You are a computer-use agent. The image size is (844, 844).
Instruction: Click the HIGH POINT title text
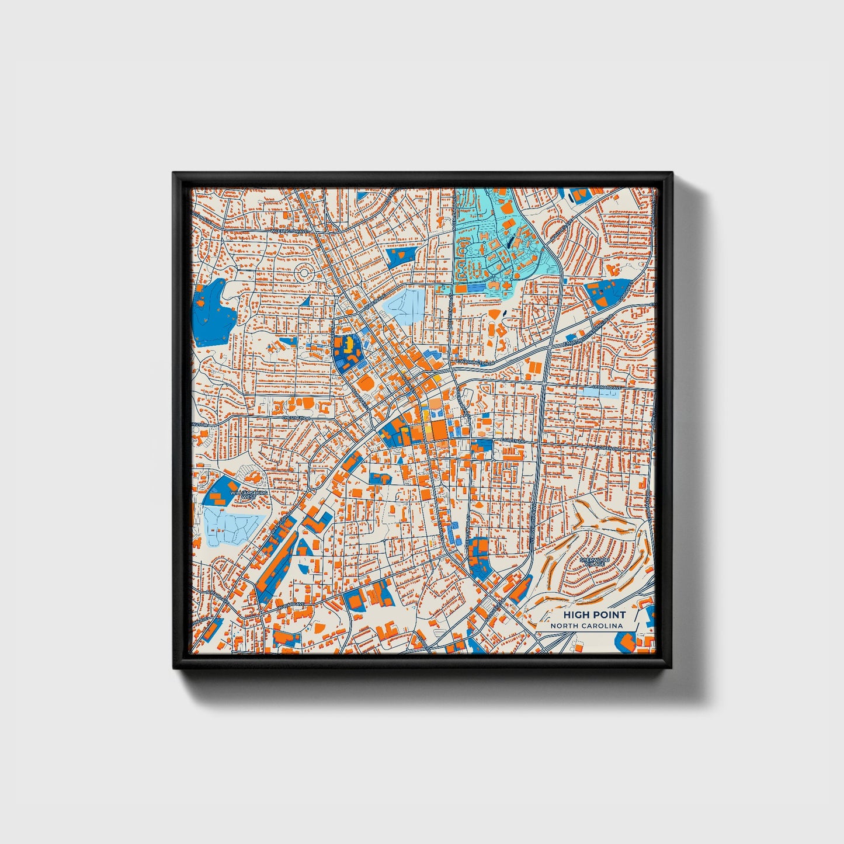594,614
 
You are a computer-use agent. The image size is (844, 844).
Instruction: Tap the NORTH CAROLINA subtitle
586,626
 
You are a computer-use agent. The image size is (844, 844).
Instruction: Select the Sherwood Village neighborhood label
595,562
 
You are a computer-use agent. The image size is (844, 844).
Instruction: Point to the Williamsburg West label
249,494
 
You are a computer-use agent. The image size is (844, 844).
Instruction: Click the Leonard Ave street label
607,387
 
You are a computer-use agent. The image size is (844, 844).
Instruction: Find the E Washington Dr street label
476,363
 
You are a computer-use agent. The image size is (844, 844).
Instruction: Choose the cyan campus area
496,245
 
